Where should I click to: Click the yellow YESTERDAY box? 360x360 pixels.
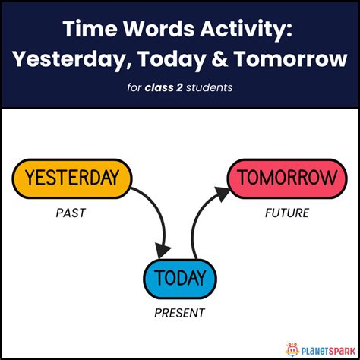pyautogui.click(x=72, y=178)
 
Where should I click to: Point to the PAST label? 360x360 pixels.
pyautogui.click(x=71, y=213)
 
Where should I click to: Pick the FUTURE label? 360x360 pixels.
pyautogui.click(x=287, y=213)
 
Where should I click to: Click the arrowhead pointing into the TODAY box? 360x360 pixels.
pyautogui.click(x=163, y=251)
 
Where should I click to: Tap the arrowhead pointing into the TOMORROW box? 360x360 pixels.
pyautogui.click(x=218, y=194)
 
